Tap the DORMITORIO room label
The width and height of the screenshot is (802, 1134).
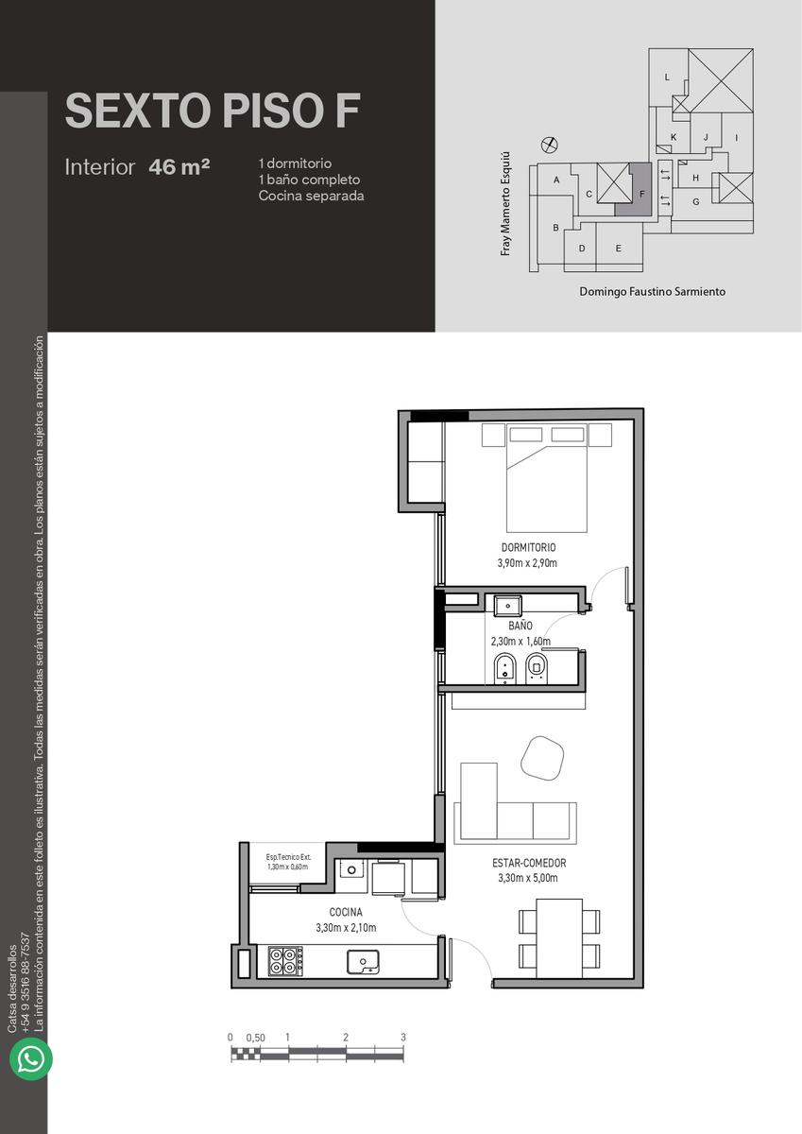click(528, 547)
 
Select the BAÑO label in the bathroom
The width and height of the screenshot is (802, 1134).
click(520, 626)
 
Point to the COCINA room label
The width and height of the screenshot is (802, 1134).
click(346, 912)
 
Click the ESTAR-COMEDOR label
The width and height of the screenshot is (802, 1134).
click(529, 863)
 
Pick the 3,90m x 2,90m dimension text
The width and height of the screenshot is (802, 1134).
click(527, 563)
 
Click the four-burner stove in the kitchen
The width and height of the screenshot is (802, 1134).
click(285, 961)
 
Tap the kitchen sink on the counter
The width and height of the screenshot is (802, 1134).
click(363, 961)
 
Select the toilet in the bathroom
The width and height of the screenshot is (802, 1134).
click(537, 668)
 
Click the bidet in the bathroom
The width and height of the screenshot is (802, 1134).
click(504, 668)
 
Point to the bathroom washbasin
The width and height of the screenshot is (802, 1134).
click(508, 605)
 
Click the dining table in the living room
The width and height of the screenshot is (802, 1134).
click(559, 938)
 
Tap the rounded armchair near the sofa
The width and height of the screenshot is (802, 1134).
click(542, 757)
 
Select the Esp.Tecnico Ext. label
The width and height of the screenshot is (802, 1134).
click(288, 857)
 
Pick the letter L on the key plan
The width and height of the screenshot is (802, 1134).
click(667, 77)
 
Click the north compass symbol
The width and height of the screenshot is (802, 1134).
click(550, 145)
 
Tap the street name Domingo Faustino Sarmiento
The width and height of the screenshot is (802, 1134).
click(652, 292)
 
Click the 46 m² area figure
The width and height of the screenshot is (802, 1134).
click(179, 167)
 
